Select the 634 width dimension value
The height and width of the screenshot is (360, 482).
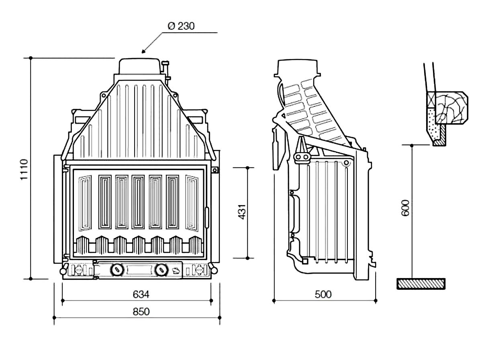141,295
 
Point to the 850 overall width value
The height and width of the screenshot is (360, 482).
141,312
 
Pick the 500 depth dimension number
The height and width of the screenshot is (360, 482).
323,295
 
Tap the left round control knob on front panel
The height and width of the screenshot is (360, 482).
117,269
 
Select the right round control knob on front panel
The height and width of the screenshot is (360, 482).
161,269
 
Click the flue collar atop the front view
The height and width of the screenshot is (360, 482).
139,67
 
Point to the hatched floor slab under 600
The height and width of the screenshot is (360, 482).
421,284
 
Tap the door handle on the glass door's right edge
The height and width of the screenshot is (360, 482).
208,217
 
